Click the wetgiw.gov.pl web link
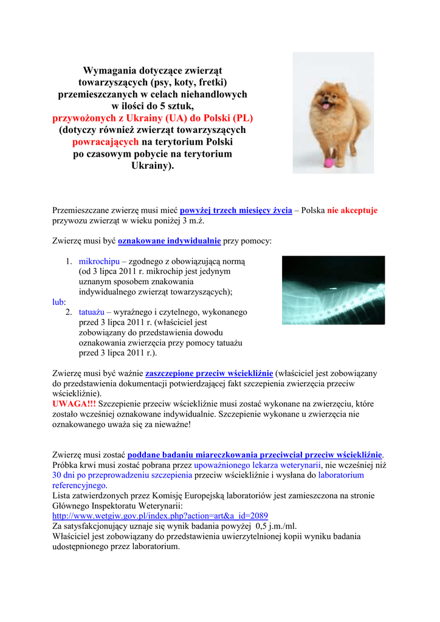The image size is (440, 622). [x=160, y=515]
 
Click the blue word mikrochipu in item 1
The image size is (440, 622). [x=99, y=261]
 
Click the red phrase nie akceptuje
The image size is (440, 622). [x=352, y=210]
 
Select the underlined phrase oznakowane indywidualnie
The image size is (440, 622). [x=169, y=241]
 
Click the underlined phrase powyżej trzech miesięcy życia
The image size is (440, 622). [x=236, y=210]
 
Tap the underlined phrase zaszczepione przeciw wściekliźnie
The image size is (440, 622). [x=209, y=373]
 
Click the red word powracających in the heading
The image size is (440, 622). [x=106, y=142]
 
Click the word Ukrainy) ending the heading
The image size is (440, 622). [x=153, y=165]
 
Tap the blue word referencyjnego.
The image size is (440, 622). [x=80, y=485]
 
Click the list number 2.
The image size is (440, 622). [x=69, y=312]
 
